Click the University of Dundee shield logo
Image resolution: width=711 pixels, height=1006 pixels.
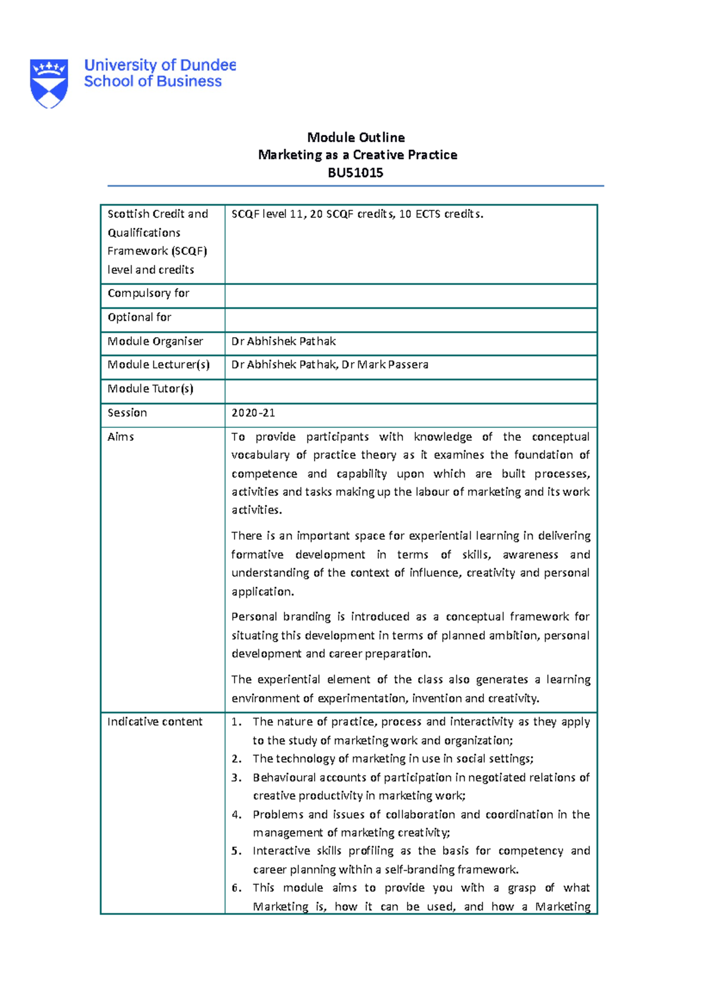49,83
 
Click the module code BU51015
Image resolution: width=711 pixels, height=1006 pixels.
355,173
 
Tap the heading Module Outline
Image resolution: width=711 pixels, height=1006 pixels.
355,137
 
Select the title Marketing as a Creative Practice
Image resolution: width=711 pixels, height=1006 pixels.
357,155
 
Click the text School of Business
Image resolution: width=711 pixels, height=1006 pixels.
152,82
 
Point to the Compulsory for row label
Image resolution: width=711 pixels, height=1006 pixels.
148,293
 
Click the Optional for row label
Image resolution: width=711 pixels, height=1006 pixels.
139,318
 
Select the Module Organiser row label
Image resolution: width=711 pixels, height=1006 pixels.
155,341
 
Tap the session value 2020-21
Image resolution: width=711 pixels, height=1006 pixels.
253,413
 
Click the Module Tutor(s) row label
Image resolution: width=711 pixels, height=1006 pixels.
150,389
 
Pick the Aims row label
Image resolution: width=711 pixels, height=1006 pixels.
120,437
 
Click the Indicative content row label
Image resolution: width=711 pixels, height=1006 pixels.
155,722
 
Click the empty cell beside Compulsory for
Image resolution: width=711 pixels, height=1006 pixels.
410,296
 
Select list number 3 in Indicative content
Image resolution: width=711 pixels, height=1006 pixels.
236,777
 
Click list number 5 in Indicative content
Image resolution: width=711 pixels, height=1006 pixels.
236,851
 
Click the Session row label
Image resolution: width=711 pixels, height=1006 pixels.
127,413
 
